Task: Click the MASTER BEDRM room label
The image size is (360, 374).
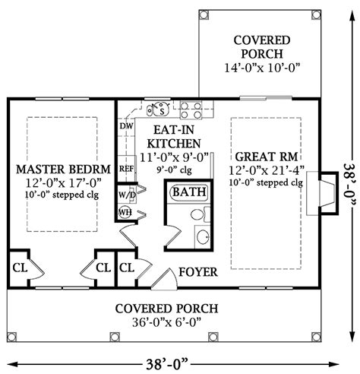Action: click(x=63, y=169)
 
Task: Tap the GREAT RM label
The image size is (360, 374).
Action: click(x=267, y=157)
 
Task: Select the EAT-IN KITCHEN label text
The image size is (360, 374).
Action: click(x=174, y=137)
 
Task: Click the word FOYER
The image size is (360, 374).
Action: click(x=198, y=272)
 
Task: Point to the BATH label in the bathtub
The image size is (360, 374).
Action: click(x=189, y=192)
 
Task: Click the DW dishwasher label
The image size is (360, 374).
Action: click(x=126, y=126)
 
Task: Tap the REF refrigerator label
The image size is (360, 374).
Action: click(x=126, y=169)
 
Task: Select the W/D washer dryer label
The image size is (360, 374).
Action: click(x=127, y=195)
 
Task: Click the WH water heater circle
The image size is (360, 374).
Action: click(x=125, y=212)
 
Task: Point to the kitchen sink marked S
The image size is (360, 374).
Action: click(x=159, y=109)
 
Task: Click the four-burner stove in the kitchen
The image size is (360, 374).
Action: click(x=191, y=110)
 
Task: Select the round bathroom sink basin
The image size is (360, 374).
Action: click(x=203, y=237)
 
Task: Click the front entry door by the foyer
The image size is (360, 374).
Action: click(x=165, y=279)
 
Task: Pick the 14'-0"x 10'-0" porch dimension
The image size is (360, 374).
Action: click(x=262, y=68)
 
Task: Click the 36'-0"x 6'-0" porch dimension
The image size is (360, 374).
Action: click(x=166, y=322)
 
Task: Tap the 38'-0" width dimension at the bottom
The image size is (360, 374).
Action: click(x=167, y=365)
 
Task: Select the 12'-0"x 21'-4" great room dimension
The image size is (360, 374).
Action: click(x=267, y=170)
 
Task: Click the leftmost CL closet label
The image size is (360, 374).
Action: click(x=20, y=268)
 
